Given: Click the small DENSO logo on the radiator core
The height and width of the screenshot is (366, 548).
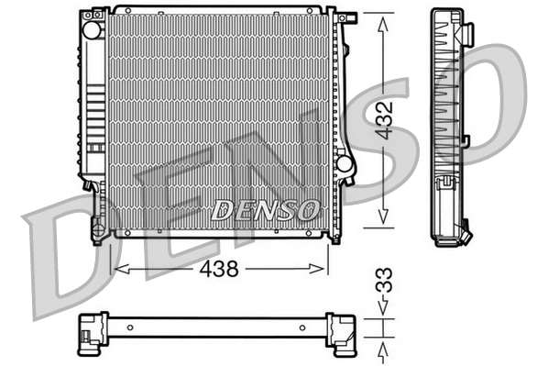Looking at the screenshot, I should (265, 210).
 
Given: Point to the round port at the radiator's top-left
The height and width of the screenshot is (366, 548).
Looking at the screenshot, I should (92, 28).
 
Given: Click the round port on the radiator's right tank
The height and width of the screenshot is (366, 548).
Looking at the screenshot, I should (344, 163).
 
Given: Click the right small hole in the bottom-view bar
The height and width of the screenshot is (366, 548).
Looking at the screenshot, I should (305, 326).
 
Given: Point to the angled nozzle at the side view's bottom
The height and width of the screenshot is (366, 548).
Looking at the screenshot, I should (465, 234).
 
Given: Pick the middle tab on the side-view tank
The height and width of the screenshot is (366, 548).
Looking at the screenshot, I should (466, 140).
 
